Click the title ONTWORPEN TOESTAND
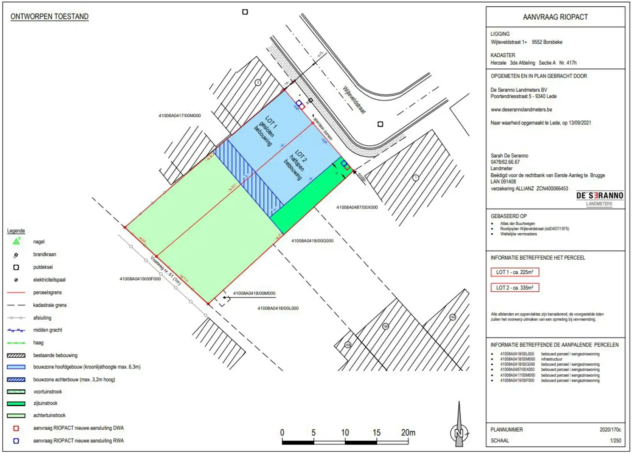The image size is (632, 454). [50, 17]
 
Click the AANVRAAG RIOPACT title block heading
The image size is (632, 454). [555, 17]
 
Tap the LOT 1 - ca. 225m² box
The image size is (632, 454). [514, 272]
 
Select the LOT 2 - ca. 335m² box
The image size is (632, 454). [514, 288]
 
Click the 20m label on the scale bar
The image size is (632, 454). [408, 432]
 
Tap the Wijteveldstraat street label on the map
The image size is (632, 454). [354, 100]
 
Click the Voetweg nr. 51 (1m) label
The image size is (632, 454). [166, 270]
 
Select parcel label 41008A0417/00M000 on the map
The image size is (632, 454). [180, 115]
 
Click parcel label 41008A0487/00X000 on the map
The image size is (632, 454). [357, 207]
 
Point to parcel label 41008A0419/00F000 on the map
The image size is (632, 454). [140, 279]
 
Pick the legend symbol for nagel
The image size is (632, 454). [16, 241]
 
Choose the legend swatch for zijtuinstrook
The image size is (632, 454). [16, 403]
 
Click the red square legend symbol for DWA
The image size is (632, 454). [16, 428]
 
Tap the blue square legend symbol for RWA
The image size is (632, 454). [16, 441]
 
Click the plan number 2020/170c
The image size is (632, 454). [610, 429]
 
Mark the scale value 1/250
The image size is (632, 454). [615, 440]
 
